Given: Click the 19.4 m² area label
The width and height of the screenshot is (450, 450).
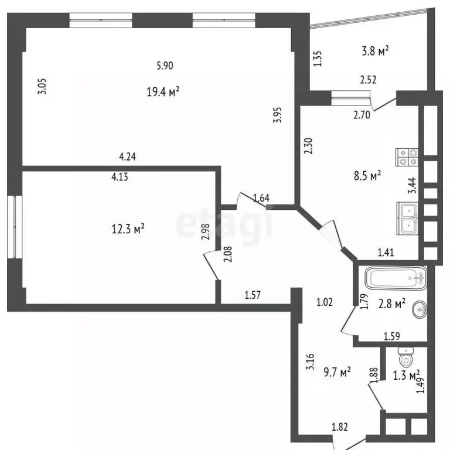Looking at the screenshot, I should pyautogui.click(x=162, y=91).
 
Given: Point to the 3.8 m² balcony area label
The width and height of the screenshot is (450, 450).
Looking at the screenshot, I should pyautogui.click(x=376, y=52).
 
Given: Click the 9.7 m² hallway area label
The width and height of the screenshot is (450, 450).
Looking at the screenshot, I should pyautogui.click(x=336, y=371).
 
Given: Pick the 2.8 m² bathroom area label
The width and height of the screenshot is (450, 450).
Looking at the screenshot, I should pyautogui.click(x=392, y=304).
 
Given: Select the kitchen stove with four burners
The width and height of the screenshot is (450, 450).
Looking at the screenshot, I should pyautogui.click(x=408, y=156).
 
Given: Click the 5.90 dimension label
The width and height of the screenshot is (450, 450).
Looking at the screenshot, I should pyautogui.click(x=165, y=66).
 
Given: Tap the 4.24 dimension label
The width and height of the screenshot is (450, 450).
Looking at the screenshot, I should pyautogui.click(x=127, y=156).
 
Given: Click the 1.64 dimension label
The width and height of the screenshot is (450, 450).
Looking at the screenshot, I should pyautogui.click(x=261, y=197).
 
